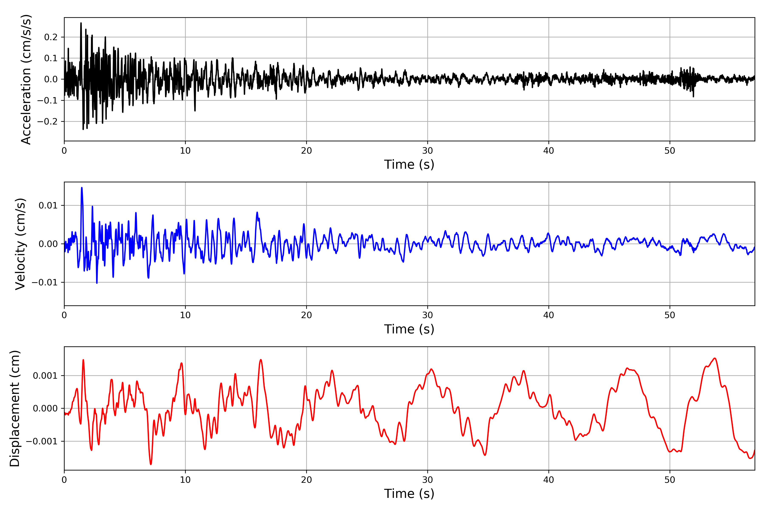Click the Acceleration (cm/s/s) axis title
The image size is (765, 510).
[x=26, y=79]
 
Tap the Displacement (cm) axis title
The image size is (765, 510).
[x=15, y=408]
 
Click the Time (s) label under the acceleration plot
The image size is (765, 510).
[x=409, y=164]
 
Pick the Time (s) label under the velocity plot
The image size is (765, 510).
[x=409, y=329]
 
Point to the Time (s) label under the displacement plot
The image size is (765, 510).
[x=409, y=494]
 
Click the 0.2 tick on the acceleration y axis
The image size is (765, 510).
[x=51, y=37]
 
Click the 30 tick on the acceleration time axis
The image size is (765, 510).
[x=427, y=151]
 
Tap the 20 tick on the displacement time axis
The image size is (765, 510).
[x=306, y=480]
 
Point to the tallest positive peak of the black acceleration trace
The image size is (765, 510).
[x=81, y=23]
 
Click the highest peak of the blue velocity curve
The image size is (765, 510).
[x=82, y=188]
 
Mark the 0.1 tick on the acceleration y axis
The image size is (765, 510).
[x=51, y=58]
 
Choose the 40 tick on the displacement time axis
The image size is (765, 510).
[x=548, y=480]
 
